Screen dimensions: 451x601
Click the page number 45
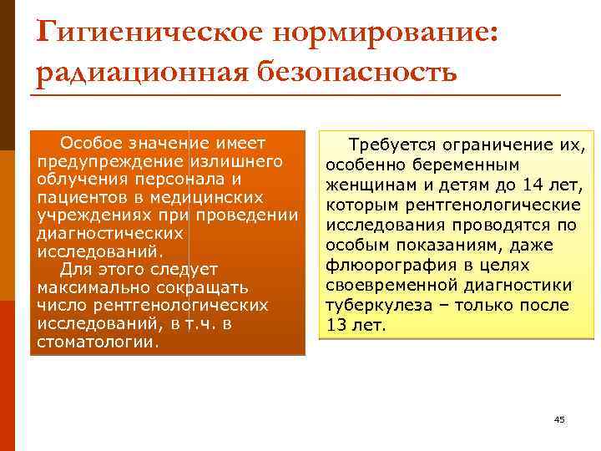[559, 419]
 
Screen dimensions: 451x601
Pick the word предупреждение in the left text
[111, 160]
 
